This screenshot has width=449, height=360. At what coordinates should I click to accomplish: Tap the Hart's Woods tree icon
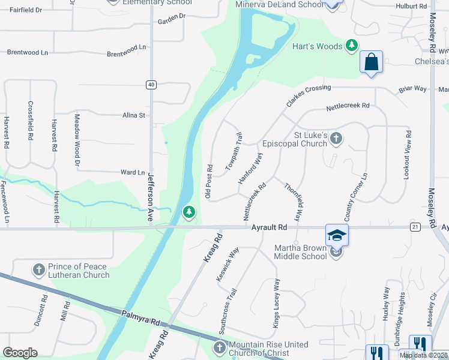(352, 46)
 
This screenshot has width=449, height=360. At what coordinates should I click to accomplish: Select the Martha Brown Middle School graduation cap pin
(337, 235)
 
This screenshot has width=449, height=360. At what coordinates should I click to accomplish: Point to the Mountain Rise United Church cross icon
(220, 347)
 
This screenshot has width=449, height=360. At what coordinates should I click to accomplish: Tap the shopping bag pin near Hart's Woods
(372, 61)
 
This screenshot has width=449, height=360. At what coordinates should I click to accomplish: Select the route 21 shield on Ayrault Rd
(415, 226)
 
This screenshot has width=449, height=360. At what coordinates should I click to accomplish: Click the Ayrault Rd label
(270, 227)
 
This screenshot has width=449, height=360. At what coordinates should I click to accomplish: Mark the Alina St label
(134, 115)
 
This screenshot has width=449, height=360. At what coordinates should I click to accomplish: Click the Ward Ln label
(133, 172)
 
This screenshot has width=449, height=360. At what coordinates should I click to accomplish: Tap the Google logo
(20, 353)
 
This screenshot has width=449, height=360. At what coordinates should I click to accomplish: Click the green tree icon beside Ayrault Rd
(189, 212)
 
